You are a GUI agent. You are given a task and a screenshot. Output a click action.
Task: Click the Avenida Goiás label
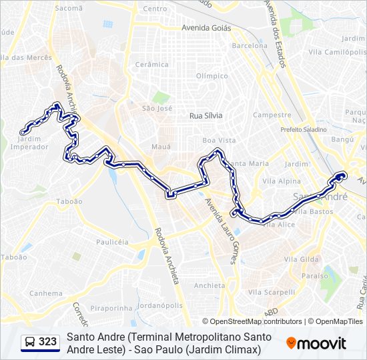(206, 29)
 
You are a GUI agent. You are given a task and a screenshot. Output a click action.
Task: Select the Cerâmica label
(152, 65)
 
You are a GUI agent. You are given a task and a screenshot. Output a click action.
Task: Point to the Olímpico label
(212, 76)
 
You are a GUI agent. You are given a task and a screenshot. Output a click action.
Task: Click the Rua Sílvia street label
(206, 115)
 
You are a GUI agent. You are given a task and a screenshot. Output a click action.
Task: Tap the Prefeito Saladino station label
(304, 129)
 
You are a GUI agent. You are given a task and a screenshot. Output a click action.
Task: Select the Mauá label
(161, 146)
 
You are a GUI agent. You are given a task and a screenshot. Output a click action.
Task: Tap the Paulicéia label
(112, 242)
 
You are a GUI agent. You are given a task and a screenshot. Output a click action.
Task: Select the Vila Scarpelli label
(271, 292)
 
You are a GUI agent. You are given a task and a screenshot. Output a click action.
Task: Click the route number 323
(48, 342)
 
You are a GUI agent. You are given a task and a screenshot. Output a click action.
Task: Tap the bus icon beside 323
(30, 342)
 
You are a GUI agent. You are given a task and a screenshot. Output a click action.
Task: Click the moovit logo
(316, 343)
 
